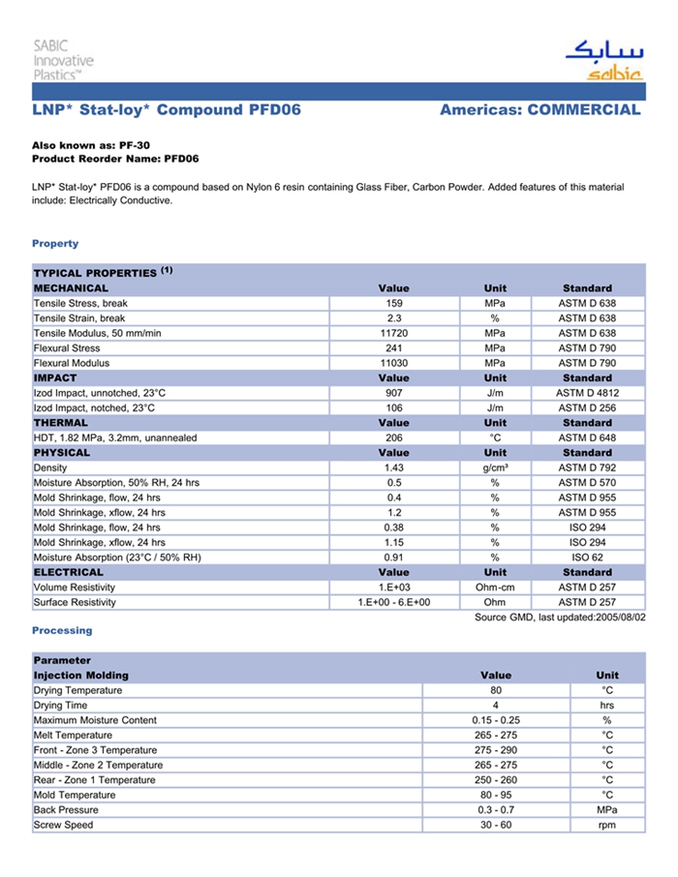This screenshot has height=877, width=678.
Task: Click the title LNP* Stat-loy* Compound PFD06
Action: [167, 110]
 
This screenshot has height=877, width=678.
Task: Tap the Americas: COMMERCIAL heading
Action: [539, 110]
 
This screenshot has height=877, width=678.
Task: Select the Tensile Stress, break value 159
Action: [394, 303]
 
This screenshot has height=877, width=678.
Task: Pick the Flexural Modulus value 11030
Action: [394, 363]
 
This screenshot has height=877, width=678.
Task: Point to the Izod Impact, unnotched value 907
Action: [394, 393]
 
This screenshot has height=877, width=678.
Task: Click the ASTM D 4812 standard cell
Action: [587, 393]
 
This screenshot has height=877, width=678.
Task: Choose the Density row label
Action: [50, 468]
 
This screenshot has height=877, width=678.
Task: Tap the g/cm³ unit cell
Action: [495, 468]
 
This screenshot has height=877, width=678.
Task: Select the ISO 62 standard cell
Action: [587, 557]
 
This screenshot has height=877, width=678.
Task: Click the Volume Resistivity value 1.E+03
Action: [394, 587]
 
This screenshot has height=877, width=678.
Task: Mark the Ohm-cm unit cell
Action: [495, 587]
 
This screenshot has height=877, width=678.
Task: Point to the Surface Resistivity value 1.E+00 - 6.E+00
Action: [394, 602]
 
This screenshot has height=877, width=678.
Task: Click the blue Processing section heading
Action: [62, 630]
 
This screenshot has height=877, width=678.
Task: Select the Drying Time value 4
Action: [495, 706]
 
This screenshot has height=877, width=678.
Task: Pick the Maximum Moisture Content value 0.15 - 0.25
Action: [495, 720]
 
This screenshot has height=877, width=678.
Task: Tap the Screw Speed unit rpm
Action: [607, 825]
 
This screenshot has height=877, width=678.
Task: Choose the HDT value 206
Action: [394, 438]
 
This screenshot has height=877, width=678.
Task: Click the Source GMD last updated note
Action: [560, 617]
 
